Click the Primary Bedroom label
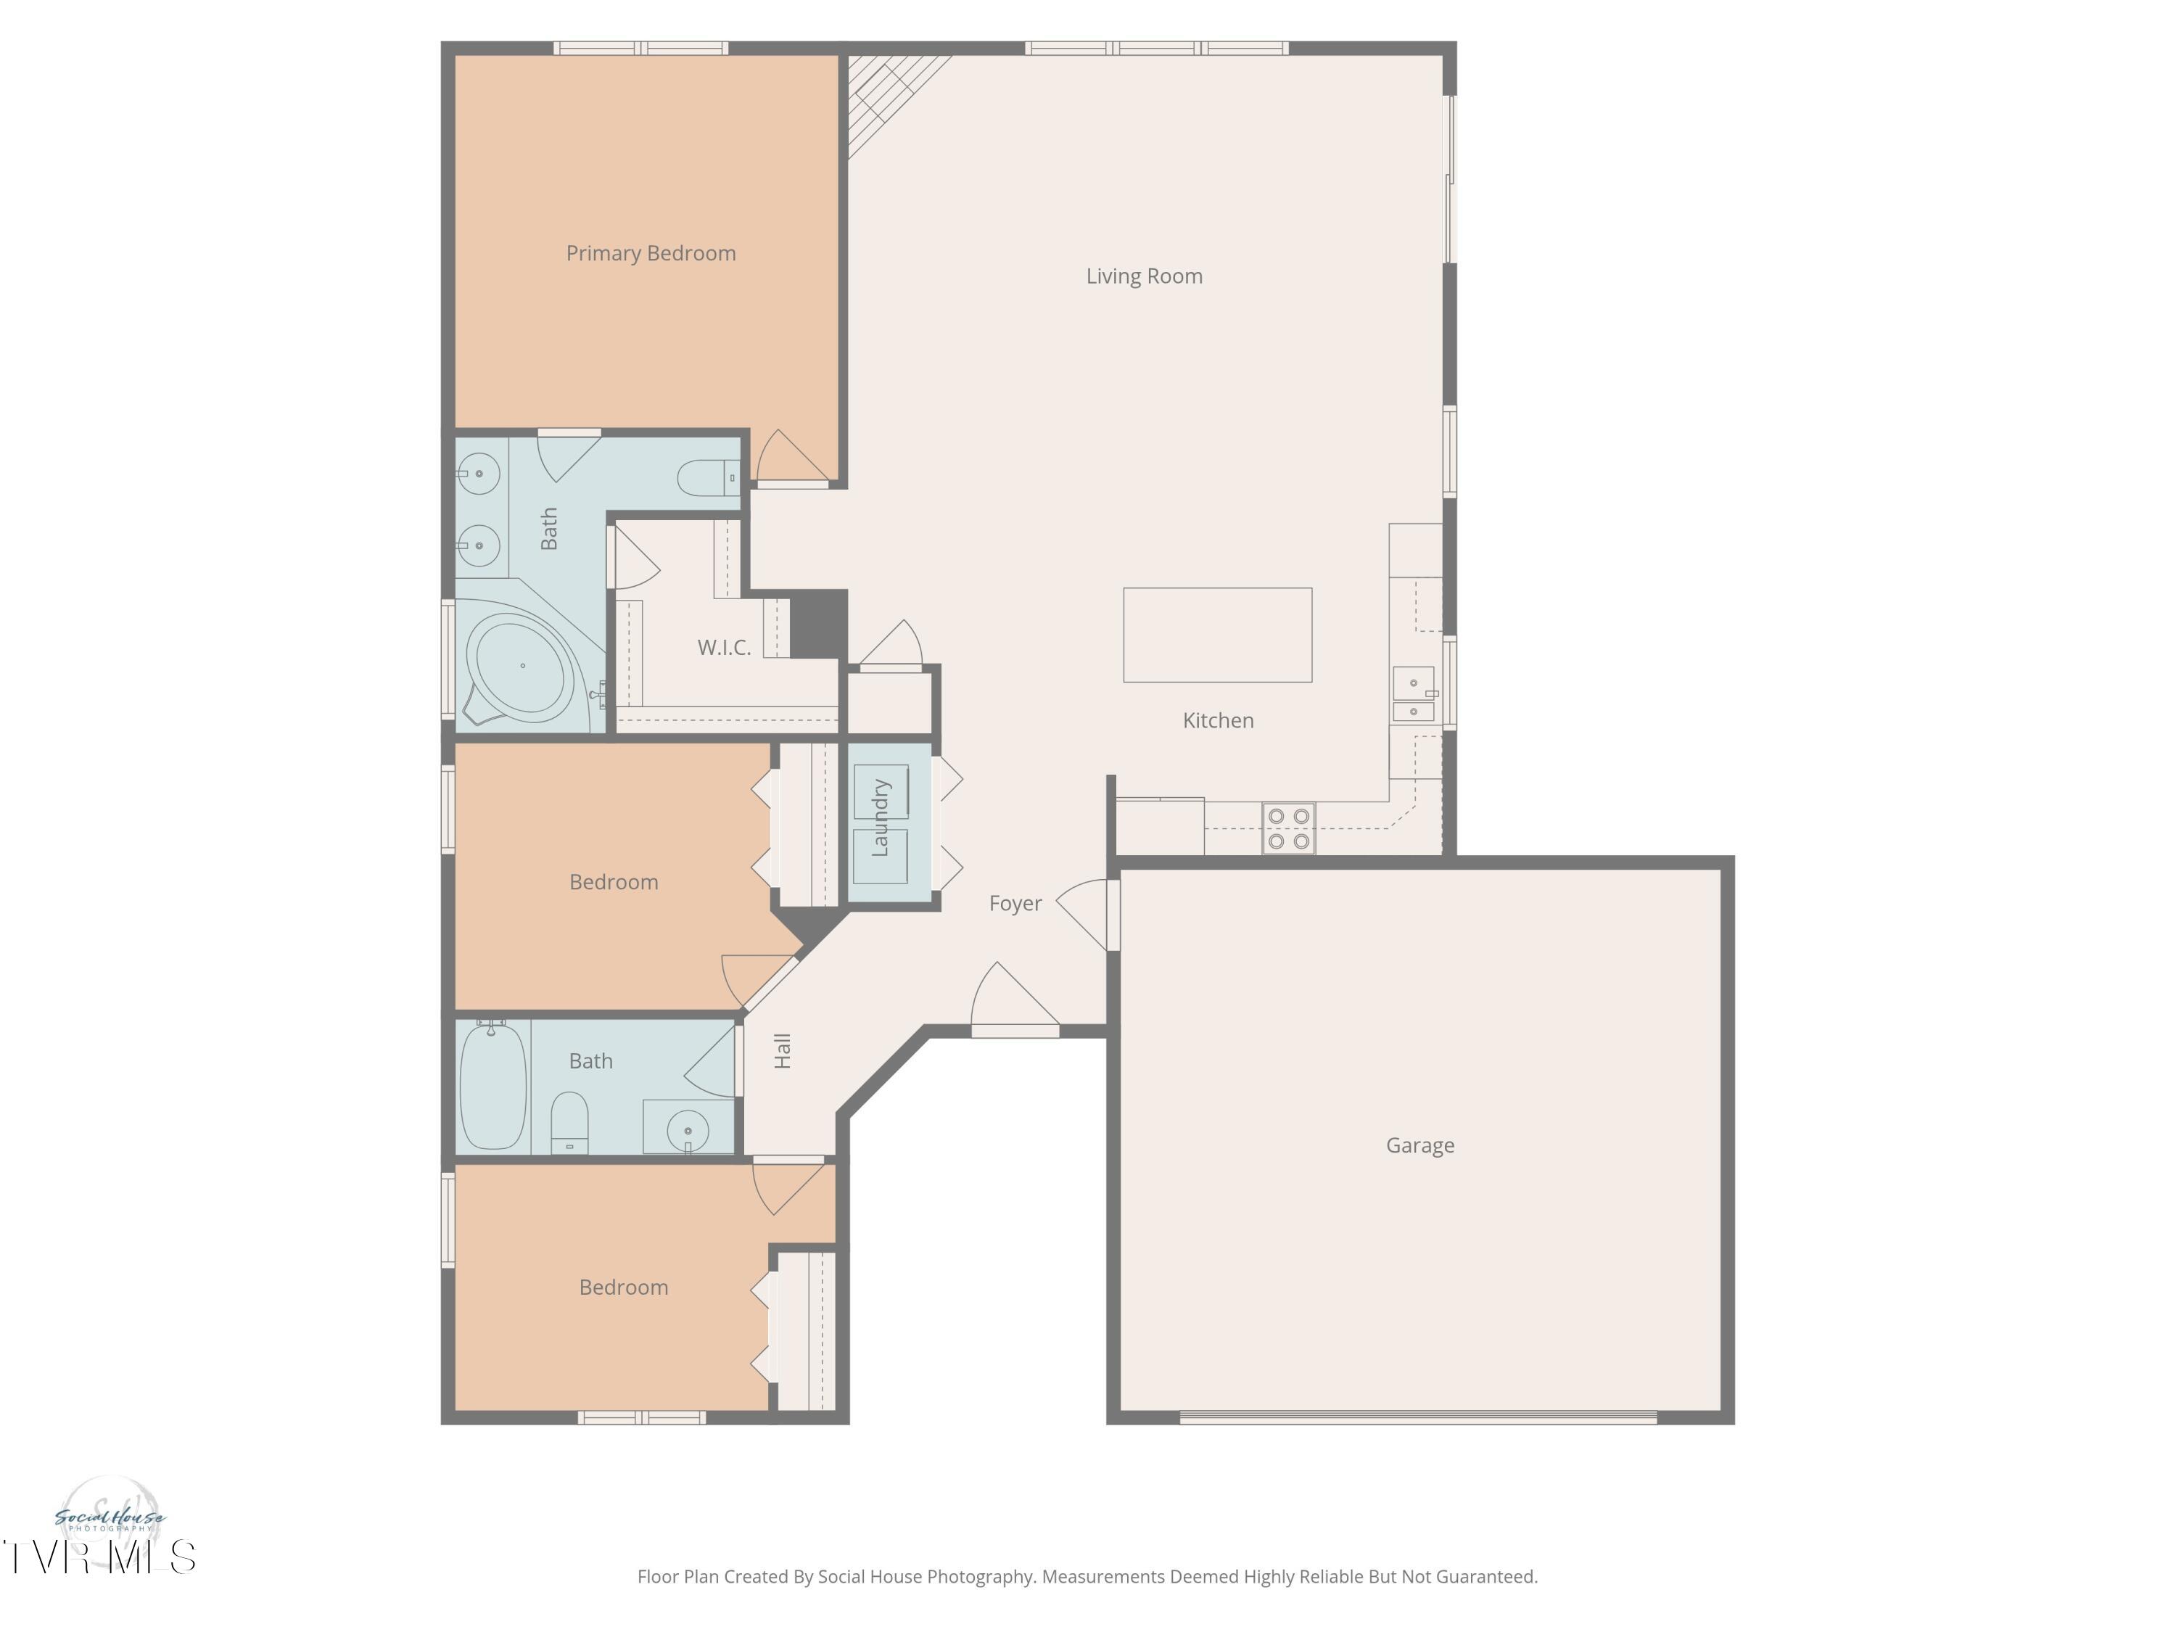tap(650, 254)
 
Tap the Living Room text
tap(1144, 276)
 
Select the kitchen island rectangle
tap(1217, 635)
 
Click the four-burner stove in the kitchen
tap(1287, 828)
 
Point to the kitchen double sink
tap(1414, 695)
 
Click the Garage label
tap(1419, 1145)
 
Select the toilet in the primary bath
tap(706, 477)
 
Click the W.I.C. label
tap(724, 647)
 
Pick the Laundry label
tap(881, 817)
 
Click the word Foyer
tap(1015, 903)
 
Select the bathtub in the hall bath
tap(493, 1086)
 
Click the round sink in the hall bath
tap(688, 1130)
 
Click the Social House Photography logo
tap(110, 1519)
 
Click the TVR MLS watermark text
tap(99, 1557)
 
